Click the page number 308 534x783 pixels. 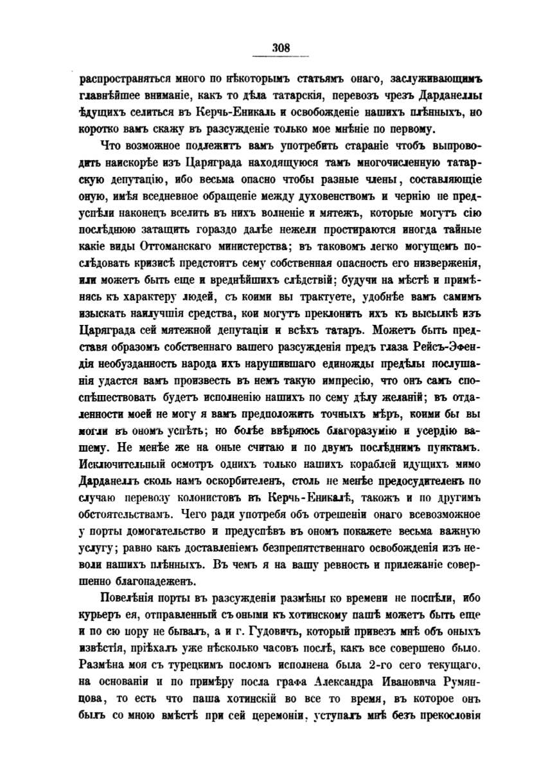281,47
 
